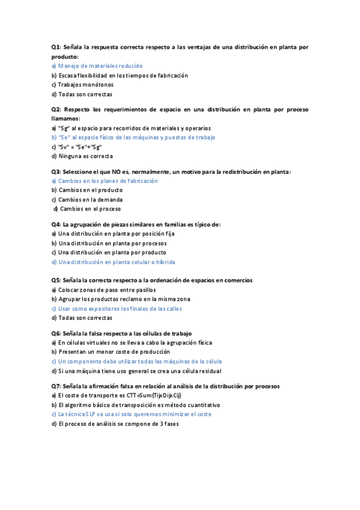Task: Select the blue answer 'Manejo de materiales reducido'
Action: (97, 66)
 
